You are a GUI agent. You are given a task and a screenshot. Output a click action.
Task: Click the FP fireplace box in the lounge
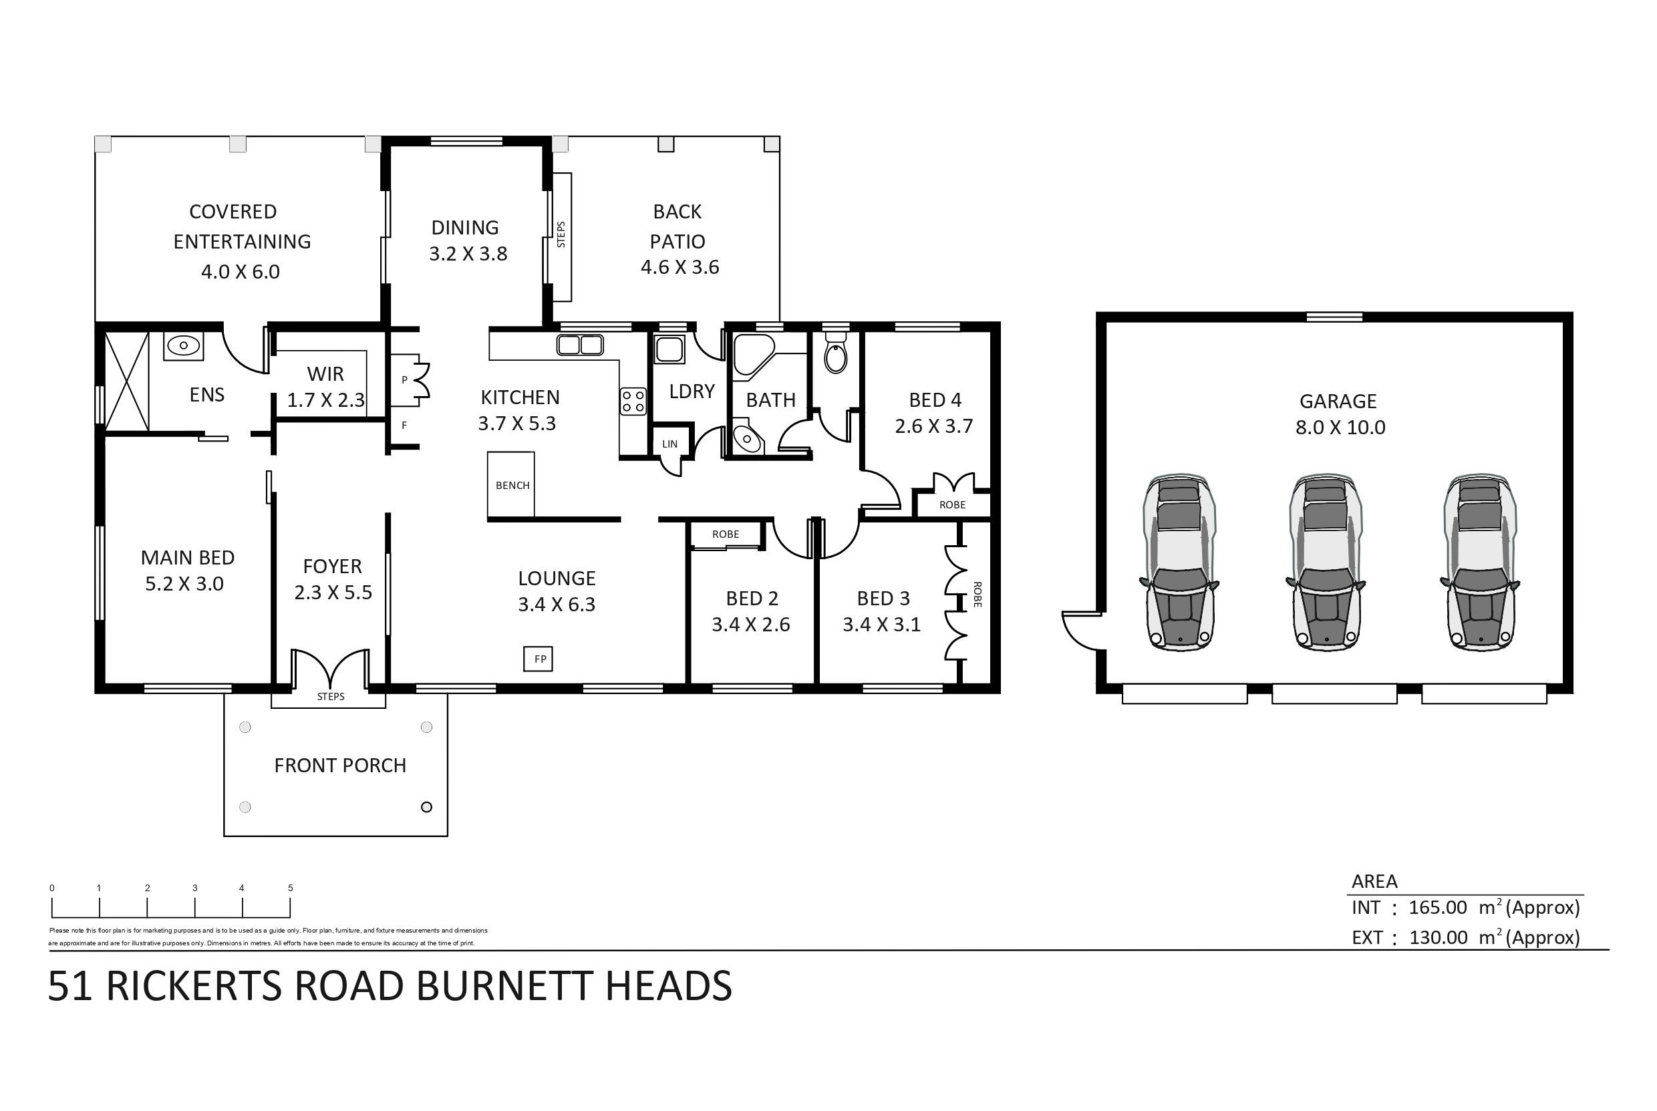(539, 659)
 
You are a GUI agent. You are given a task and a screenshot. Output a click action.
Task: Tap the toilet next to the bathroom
(836, 355)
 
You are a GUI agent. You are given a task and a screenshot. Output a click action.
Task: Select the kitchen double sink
(580, 345)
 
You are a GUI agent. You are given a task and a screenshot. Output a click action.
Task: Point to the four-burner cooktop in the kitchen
(633, 401)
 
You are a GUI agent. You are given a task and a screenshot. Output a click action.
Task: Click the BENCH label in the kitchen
(512, 486)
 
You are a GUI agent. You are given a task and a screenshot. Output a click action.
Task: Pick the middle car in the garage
(1324, 563)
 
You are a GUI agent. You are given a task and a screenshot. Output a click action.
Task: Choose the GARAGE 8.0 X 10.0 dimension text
(1340, 428)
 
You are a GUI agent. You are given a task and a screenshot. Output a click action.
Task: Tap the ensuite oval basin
(184, 346)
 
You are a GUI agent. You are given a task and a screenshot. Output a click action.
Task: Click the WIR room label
(325, 373)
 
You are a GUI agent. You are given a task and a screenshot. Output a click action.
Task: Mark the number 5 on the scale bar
(291, 888)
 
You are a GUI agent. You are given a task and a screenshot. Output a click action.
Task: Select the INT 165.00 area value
(1437, 907)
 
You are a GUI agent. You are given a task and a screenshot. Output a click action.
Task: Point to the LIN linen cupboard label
(669, 444)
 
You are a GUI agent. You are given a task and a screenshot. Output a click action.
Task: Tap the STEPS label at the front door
(331, 697)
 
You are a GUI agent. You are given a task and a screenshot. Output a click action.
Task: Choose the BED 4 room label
(935, 400)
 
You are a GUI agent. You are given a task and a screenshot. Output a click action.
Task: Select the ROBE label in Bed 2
(726, 534)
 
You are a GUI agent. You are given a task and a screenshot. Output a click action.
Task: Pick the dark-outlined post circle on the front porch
(426, 807)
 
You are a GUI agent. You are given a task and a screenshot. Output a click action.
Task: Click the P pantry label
(404, 379)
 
